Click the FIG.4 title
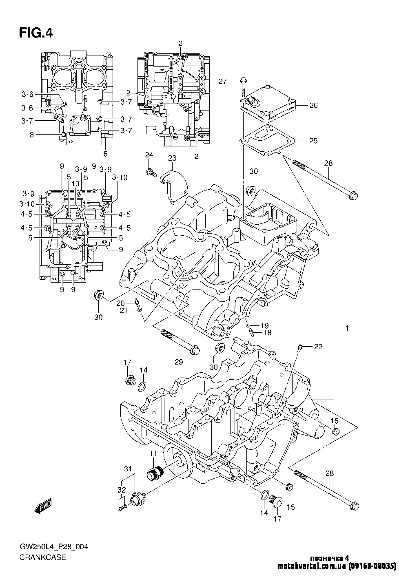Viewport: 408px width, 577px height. pos(35,32)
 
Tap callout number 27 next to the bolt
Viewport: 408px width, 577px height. pos(222,81)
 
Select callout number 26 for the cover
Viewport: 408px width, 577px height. pos(313,105)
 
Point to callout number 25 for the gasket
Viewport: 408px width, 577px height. pos(313,141)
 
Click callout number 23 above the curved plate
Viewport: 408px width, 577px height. pos(172,158)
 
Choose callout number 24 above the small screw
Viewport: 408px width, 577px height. pos(149,155)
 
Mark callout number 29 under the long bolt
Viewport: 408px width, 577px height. pos(179,361)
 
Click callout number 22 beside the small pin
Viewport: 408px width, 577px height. pos(318,347)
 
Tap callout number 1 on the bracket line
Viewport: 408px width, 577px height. pos(347,328)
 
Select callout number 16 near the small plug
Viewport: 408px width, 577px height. pos(334,421)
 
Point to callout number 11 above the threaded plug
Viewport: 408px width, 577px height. pos(153,453)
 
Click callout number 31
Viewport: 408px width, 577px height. pos(127,468)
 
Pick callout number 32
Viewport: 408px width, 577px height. pos(122,489)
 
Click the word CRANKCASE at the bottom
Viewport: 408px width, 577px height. pos(42,557)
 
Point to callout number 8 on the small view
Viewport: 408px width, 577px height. pos(32,134)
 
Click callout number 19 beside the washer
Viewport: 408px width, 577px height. pos(265,325)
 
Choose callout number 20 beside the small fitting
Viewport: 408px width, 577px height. pos(120,303)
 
